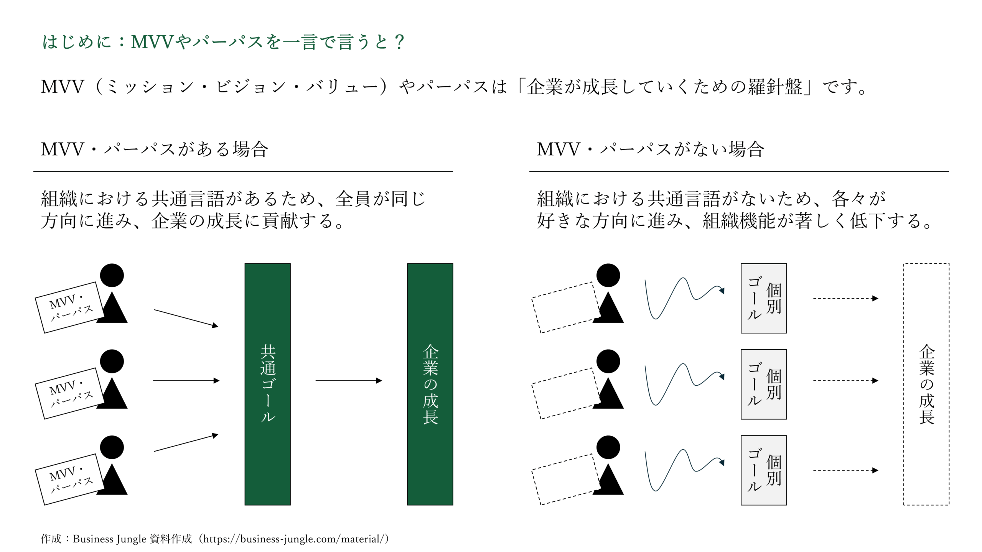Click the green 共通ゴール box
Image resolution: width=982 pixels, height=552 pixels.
pyautogui.click(x=267, y=384)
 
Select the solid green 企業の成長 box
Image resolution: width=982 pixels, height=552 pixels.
pyautogui.click(x=430, y=384)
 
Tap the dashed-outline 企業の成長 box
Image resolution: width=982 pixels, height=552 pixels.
pyautogui.click(x=926, y=384)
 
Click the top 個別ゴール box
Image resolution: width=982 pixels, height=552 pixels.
pyautogui.click(x=764, y=298)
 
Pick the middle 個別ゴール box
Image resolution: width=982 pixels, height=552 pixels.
pyautogui.click(x=764, y=384)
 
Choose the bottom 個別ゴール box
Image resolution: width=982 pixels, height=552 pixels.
pyautogui.click(x=764, y=470)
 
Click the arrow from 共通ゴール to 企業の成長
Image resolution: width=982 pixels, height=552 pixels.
pyautogui.click(x=349, y=381)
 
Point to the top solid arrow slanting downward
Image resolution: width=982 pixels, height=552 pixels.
pyautogui.click(x=186, y=318)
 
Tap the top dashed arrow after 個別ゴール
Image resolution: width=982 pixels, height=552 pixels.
pyautogui.click(x=846, y=298)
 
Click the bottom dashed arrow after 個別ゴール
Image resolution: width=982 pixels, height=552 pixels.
pyautogui.click(x=846, y=470)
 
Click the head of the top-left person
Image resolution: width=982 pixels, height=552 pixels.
pyautogui.click(x=112, y=275)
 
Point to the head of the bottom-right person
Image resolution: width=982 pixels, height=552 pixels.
pyautogui.click(x=608, y=447)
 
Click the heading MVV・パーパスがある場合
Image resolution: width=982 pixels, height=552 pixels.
pyautogui.click(x=155, y=149)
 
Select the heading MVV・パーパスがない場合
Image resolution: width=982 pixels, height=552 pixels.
pyautogui.click(x=651, y=149)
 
